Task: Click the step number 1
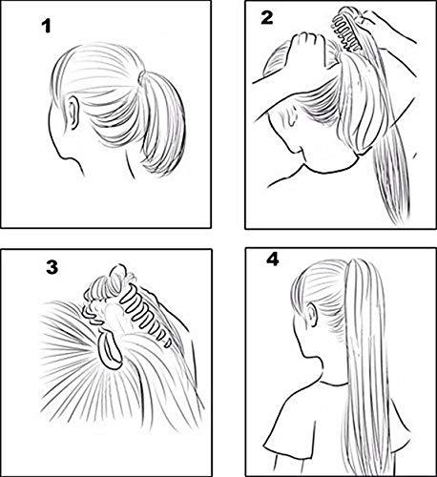click(45, 29)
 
